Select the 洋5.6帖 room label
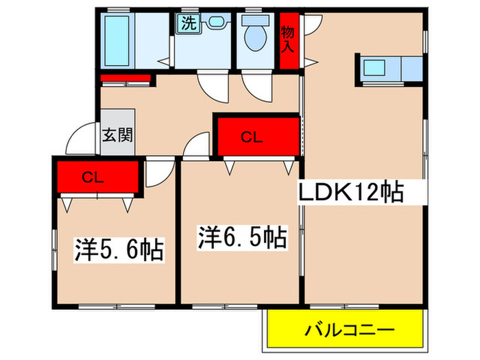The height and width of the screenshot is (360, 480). (x=119, y=250)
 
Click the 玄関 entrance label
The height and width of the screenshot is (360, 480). (x=117, y=134)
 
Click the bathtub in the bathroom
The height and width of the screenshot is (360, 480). (x=120, y=40)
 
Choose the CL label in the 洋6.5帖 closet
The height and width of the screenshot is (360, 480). (x=250, y=137)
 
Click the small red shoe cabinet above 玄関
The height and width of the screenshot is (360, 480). (x=125, y=76)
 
